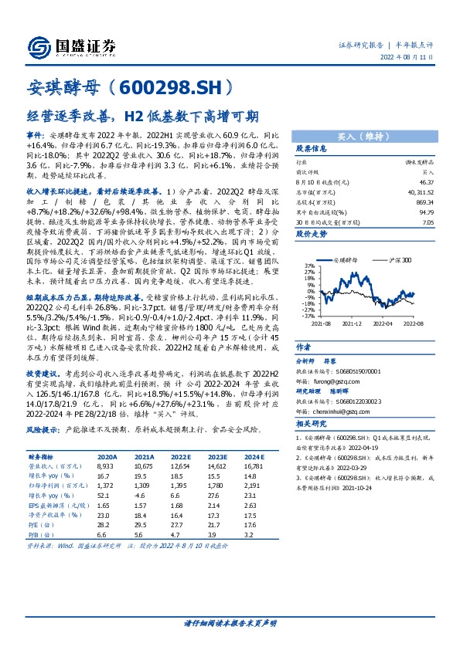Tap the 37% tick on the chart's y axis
[x=288, y=265]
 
